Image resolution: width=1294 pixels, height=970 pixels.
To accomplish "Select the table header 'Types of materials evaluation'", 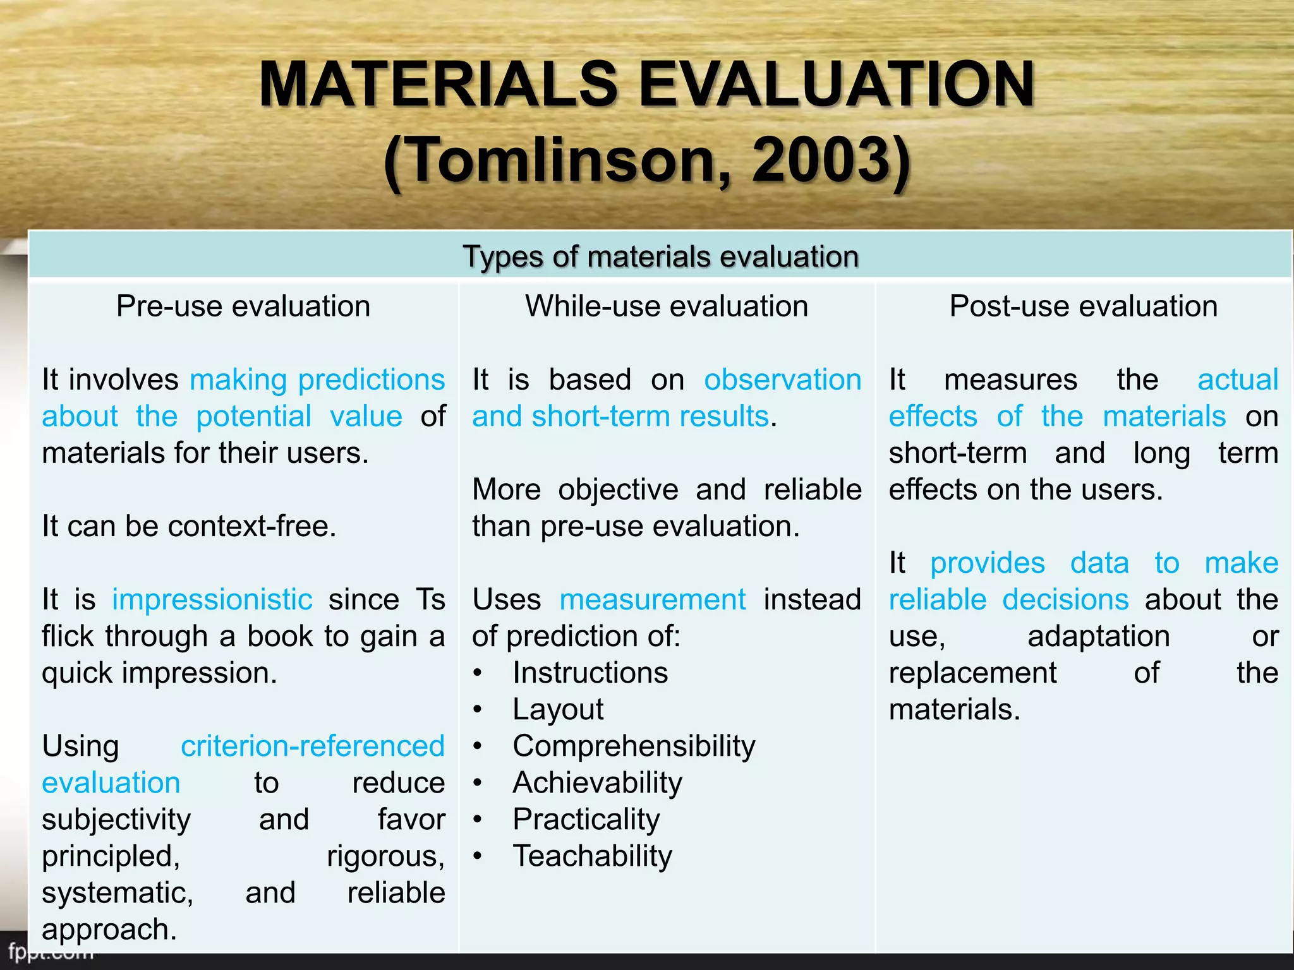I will coord(660,256).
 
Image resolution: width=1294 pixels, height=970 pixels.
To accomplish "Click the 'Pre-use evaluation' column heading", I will coord(243,306).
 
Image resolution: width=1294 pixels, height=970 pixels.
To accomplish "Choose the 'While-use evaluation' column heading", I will coord(667,306).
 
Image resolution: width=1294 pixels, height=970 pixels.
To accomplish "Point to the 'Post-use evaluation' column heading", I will coord(1084,306).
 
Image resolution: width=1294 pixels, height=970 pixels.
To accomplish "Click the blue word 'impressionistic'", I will coord(212,599).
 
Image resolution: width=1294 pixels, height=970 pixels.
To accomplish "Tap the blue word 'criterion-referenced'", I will coord(313,746).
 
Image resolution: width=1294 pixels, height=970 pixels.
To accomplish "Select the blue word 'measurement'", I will coord(653,599).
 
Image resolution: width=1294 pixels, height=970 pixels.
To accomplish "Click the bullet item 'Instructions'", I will coord(590,673).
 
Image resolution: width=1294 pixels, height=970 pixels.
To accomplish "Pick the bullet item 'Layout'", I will coord(558,709).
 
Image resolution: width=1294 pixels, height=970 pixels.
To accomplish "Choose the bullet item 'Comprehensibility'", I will coord(634,746).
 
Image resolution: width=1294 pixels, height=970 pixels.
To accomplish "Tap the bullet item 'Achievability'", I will coord(598,782).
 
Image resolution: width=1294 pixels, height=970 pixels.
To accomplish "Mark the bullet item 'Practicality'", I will coord(586,819).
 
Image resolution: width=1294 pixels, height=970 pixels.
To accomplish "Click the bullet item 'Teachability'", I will coord(592,856).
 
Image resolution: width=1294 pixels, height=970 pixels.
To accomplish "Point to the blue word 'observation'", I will coord(783,380).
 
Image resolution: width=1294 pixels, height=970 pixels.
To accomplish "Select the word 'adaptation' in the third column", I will coord(1099,636).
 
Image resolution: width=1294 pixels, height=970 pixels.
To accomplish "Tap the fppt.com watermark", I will coord(51,951).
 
